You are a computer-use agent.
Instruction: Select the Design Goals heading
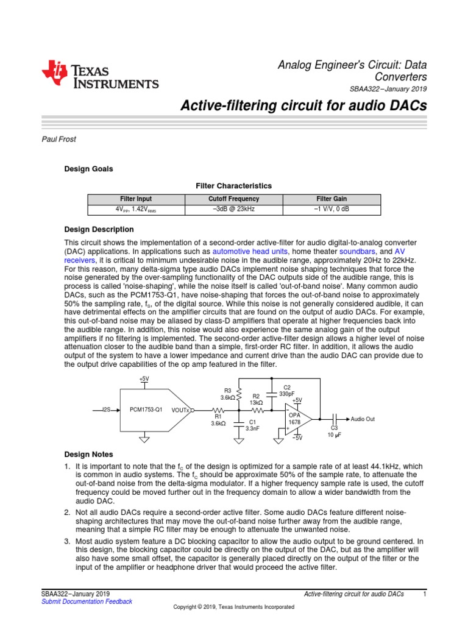point(88,169)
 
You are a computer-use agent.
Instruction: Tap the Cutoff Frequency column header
point(234,199)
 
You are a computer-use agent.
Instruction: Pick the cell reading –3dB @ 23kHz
point(234,209)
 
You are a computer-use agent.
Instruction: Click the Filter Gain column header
point(331,199)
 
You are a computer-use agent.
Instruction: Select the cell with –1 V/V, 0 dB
point(331,209)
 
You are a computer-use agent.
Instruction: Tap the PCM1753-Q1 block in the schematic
point(146,410)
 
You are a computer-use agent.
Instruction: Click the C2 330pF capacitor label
point(287,391)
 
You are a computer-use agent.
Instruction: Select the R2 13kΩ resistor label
point(256,399)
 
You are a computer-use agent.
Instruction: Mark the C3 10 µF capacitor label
point(334,431)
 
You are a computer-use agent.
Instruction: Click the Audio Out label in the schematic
point(363,419)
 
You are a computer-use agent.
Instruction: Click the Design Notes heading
point(88,454)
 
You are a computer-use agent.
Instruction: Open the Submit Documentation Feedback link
point(86,601)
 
